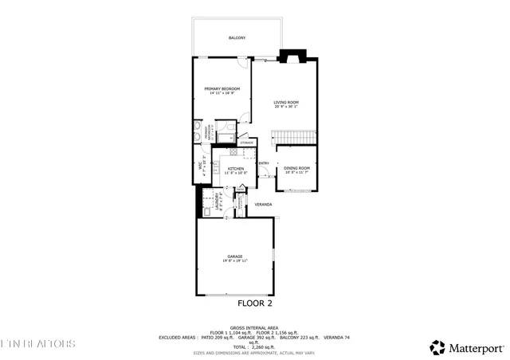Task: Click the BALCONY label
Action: click(237, 38)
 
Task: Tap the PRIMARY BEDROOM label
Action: click(222, 88)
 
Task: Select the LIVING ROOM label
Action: click(286, 102)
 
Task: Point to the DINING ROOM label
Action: click(296, 168)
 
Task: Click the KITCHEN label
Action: click(235, 169)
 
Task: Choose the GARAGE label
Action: click(235, 256)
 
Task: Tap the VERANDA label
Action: click(263, 205)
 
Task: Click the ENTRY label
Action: click(264, 163)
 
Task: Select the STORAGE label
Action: click(246, 143)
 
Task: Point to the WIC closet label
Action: click(201, 168)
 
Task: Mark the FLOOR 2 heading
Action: click(255, 303)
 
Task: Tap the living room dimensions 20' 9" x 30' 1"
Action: click(286, 108)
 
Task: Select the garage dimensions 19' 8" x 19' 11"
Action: click(235, 261)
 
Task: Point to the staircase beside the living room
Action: click(296, 139)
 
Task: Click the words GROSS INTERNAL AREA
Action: click(254, 327)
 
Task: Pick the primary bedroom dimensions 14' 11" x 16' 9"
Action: click(222, 93)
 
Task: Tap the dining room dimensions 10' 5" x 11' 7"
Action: click(296, 173)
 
